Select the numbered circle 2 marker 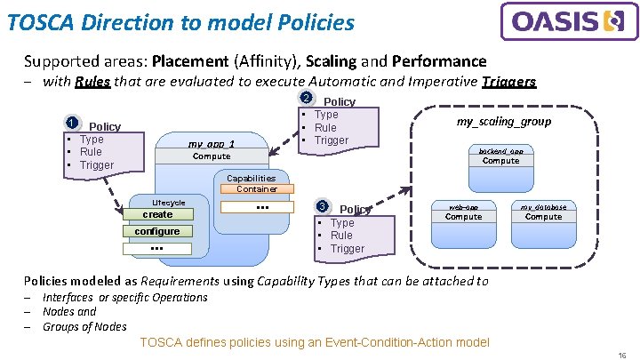coord(306,99)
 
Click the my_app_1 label coord(212,143)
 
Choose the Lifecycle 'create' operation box coord(157,214)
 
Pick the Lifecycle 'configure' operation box coord(157,231)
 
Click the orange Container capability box coord(256,188)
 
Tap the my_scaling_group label coord(503,122)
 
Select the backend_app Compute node coord(500,156)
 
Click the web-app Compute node coord(463,212)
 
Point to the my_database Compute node coord(543,212)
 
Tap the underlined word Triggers coord(508,82)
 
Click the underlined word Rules coord(92,82)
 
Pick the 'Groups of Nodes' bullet coord(84,326)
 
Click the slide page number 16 coord(622,353)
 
